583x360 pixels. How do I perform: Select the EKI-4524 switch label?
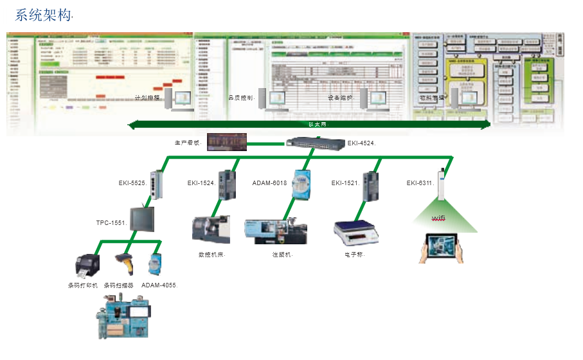click(x=361, y=143)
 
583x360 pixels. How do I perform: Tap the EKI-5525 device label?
click(x=132, y=183)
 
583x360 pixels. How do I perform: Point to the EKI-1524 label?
click(x=201, y=183)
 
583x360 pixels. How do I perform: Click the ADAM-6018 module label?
click(x=269, y=183)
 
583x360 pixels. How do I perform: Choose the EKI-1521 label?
click(x=345, y=183)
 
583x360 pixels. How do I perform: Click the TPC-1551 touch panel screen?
click(x=142, y=219)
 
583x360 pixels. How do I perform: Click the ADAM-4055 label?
click(x=159, y=284)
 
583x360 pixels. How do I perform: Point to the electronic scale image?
click(x=355, y=231)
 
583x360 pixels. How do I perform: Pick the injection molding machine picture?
click(x=276, y=230)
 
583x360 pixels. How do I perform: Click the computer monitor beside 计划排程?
click(x=183, y=98)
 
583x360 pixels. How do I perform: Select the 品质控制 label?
click(x=242, y=98)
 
